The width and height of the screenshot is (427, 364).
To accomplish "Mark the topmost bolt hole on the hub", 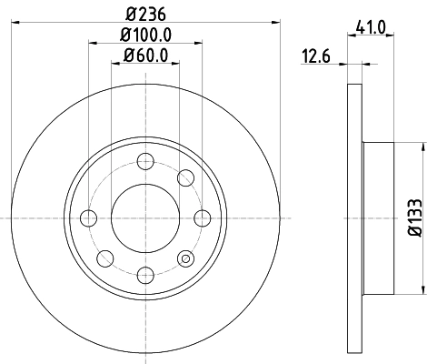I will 144,162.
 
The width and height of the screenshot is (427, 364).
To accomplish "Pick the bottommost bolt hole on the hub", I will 144,272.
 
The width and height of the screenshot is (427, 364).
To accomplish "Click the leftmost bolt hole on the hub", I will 89,217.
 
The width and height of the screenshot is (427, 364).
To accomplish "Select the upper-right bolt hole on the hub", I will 184,177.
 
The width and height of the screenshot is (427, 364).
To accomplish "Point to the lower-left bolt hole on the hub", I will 104,257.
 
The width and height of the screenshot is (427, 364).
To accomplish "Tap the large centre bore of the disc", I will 144,217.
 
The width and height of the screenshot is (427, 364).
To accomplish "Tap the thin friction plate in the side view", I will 356,217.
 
